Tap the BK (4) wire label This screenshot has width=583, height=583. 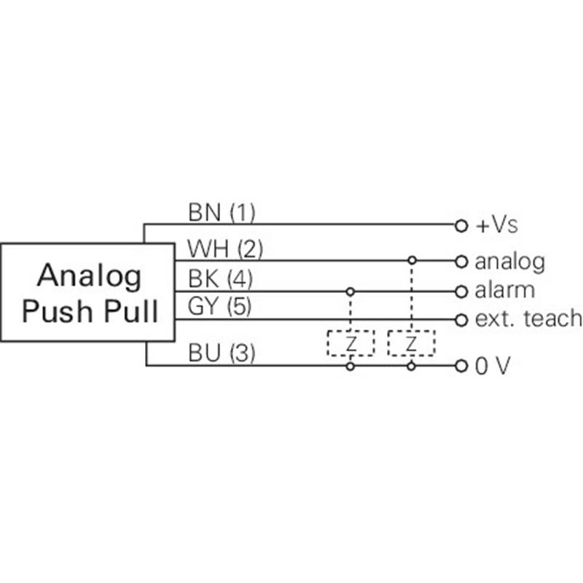220,279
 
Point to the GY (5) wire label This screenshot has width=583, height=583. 220,307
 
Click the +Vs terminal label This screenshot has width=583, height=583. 497,225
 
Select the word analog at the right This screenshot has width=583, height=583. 509,261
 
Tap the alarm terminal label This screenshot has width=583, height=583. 504,290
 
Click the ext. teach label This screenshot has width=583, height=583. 528,318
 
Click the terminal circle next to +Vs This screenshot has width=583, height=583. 460,226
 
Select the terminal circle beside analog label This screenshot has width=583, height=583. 460,261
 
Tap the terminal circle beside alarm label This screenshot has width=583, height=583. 460,291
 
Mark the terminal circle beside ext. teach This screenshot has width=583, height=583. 460,319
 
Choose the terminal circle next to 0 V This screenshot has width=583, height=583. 460,367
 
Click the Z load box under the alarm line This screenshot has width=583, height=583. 351,343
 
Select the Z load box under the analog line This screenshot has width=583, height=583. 411,343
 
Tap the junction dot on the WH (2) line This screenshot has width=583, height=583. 412,260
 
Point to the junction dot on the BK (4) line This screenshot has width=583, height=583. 351,291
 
